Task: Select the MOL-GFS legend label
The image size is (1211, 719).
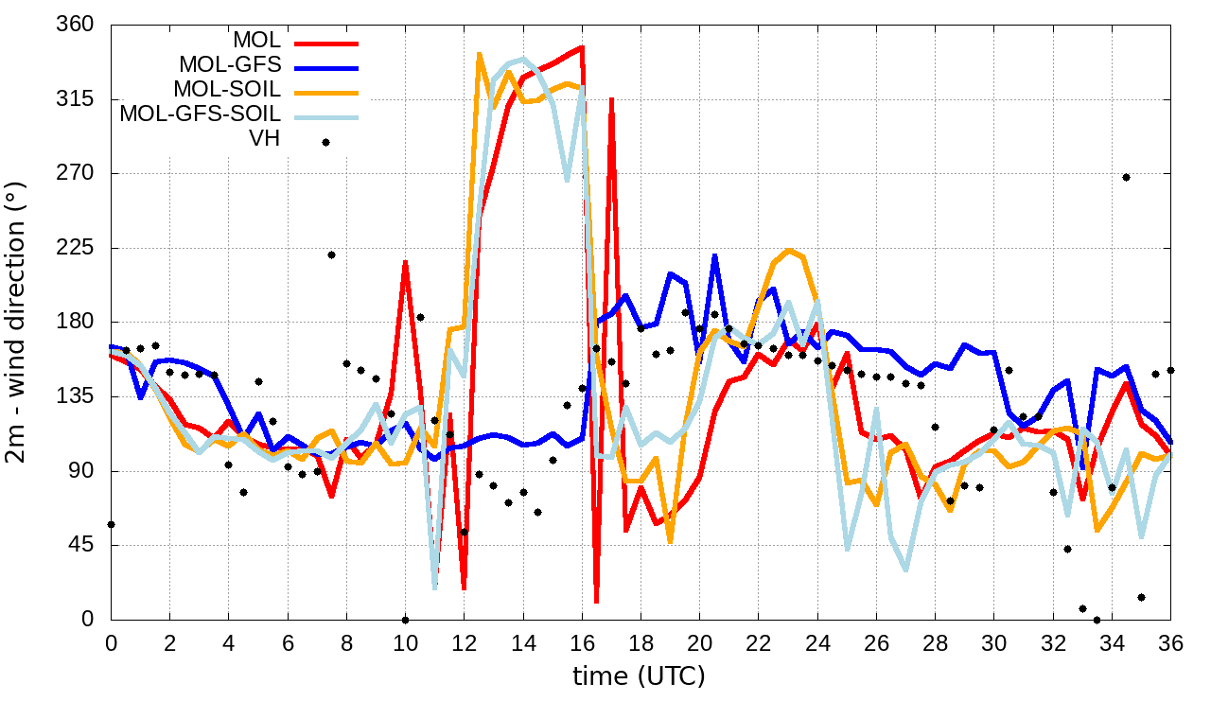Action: pyautogui.click(x=230, y=65)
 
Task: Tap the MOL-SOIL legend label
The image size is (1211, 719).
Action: pyautogui.click(x=227, y=90)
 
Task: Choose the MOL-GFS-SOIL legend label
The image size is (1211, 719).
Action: pyautogui.click(x=201, y=114)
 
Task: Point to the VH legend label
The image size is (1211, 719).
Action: pyautogui.click(x=265, y=139)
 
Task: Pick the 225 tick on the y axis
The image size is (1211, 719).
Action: pyautogui.click(x=76, y=248)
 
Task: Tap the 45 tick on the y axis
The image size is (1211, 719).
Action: pyautogui.click(x=81, y=546)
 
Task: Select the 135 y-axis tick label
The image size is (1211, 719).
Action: pyautogui.click(x=76, y=396)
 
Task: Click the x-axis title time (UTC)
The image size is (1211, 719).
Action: pyautogui.click(x=639, y=676)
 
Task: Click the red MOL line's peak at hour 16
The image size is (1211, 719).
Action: pyautogui.click(x=581, y=46)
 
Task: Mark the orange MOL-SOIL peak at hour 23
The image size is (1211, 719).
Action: pyautogui.click(x=788, y=250)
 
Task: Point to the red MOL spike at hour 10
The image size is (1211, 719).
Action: pyautogui.click(x=405, y=261)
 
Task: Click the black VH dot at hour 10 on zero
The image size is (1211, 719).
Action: pyautogui.click(x=405, y=620)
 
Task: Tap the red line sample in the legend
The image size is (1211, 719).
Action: pyautogui.click(x=326, y=42)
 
